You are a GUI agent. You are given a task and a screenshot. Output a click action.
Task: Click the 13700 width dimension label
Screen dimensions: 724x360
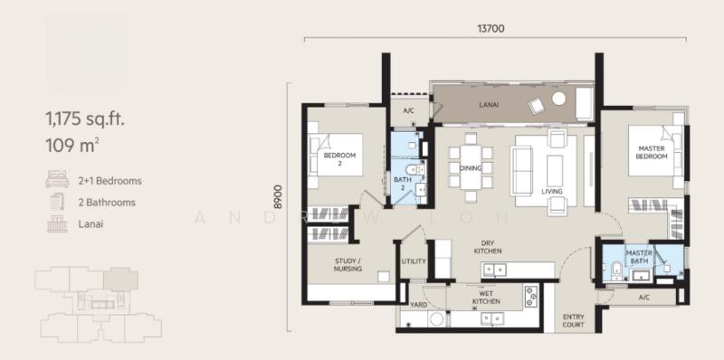(x=491, y=29)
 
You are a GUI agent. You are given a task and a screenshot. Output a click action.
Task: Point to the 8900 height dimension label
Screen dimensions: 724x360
(x=278, y=197)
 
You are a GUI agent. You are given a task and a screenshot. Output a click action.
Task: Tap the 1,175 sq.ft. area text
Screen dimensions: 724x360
(x=85, y=119)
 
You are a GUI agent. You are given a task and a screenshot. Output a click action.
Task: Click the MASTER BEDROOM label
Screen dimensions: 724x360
(x=652, y=152)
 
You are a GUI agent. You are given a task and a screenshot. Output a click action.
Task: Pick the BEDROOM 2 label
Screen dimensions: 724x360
(x=339, y=159)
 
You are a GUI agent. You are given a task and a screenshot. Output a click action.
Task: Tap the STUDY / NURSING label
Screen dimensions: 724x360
(x=348, y=265)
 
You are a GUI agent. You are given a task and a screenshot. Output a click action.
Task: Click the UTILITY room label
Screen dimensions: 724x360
(x=414, y=261)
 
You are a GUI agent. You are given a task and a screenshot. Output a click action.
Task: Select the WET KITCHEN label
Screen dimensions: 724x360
(x=486, y=298)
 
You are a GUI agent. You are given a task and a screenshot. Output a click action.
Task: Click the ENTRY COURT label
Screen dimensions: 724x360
(x=574, y=321)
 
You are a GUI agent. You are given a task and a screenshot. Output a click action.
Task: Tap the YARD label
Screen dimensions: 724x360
(x=419, y=305)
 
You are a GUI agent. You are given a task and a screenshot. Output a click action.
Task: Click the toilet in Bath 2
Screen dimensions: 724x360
(x=415, y=170)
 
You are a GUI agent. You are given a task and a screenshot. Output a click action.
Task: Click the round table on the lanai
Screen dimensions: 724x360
(x=558, y=99)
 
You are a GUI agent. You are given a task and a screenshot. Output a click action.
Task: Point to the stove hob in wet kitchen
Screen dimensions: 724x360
(x=531, y=297)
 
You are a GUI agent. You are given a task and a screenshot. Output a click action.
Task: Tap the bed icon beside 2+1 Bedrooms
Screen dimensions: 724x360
(x=57, y=179)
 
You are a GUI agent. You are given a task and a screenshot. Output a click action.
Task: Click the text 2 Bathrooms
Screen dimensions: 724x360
(x=107, y=203)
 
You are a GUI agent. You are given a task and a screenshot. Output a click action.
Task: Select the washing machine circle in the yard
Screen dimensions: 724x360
(x=435, y=319)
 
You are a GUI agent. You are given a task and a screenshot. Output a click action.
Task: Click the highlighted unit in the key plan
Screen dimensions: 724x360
(x=120, y=280)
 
